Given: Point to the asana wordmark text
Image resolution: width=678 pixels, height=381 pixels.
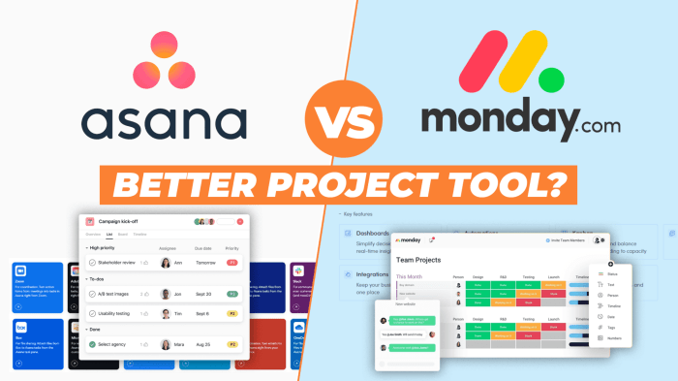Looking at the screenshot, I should click(164, 124).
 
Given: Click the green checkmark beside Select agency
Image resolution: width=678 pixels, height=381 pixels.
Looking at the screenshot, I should click(93, 343).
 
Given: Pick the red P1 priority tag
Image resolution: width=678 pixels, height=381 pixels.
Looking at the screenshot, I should click(232, 263).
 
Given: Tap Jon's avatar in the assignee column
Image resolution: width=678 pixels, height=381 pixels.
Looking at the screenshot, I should click(166, 294).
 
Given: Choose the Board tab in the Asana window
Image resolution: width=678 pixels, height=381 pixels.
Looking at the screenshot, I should click(123, 235).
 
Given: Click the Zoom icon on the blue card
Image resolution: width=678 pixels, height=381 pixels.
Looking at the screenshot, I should click(22, 270).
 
